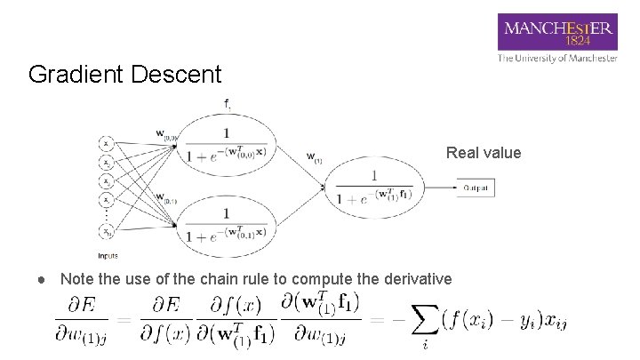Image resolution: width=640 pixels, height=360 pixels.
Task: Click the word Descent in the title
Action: [174, 74]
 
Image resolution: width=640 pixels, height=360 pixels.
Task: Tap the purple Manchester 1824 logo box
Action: [557, 34]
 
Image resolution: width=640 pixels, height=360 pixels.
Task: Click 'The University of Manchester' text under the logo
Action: [557, 59]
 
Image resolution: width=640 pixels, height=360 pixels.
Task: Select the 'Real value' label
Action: [484, 153]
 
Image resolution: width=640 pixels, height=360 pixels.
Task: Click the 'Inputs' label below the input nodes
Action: [108, 255]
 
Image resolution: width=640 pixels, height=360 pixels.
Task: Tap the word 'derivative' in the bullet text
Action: [417, 279]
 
